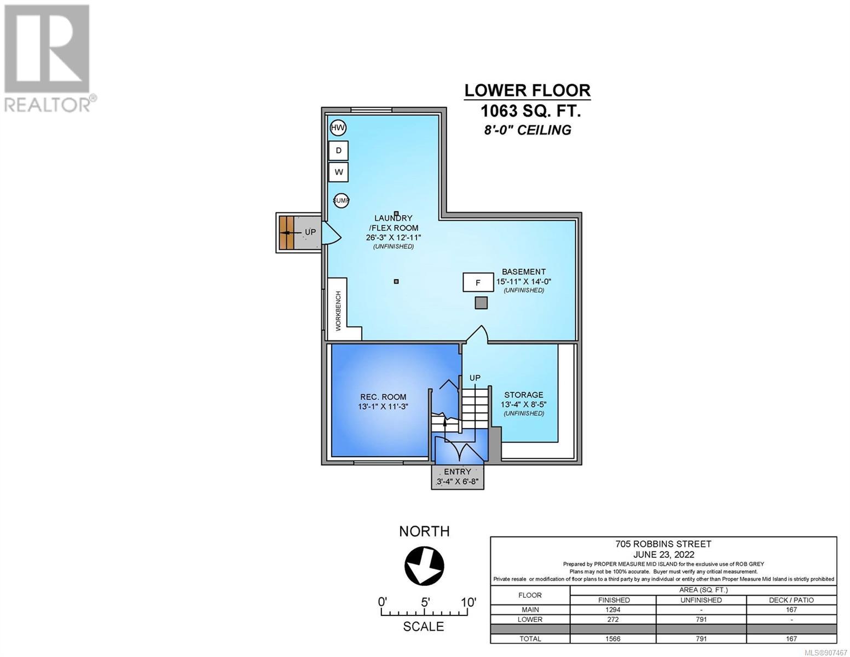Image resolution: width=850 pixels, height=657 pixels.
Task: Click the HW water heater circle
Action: tap(338, 128)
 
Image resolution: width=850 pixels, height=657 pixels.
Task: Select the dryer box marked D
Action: tap(338, 150)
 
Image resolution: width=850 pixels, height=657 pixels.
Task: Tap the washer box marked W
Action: tap(338, 172)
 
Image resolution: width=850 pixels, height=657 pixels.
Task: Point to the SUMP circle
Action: tap(341, 201)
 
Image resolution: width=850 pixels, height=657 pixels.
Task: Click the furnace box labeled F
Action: tap(478, 282)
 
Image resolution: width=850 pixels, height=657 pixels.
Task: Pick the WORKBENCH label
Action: tap(338, 311)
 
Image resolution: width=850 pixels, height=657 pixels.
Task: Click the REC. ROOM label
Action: tap(383, 397)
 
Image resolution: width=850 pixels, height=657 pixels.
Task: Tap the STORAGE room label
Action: tap(524, 395)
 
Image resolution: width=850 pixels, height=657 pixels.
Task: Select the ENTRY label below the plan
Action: tap(457, 471)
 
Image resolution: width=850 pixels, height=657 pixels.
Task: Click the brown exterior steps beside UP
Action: tap(287, 233)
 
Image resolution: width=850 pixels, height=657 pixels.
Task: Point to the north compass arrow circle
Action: tap(424, 566)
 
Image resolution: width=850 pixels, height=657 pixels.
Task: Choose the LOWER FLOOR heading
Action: tap(527, 90)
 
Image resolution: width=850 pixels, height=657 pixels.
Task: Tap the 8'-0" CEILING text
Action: tap(528, 130)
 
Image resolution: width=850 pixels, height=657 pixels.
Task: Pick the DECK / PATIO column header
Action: tap(791, 600)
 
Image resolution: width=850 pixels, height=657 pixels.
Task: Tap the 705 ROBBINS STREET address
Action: tap(663, 544)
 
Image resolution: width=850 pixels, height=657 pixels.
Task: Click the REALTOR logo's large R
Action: tap(47, 49)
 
